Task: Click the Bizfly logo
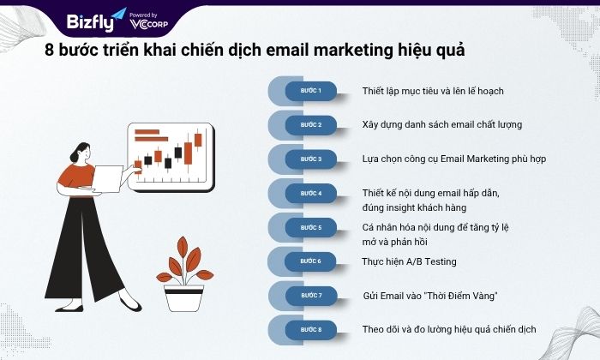click(x=96, y=21)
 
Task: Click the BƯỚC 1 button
click(x=310, y=91)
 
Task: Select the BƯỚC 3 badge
click(x=310, y=159)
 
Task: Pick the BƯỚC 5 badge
click(x=310, y=228)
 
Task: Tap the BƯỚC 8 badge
click(x=310, y=330)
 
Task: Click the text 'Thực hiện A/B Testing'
click(x=409, y=261)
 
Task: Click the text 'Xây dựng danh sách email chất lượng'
click(x=442, y=125)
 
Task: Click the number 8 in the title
click(x=49, y=50)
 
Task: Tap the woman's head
click(x=81, y=152)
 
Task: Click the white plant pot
click(x=183, y=298)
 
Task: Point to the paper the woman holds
click(x=107, y=179)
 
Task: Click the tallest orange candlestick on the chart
click(x=188, y=153)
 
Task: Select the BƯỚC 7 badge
click(x=310, y=296)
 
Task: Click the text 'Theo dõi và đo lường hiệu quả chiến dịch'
click(x=449, y=329)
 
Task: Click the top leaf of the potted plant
click(x=183, y=246)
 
